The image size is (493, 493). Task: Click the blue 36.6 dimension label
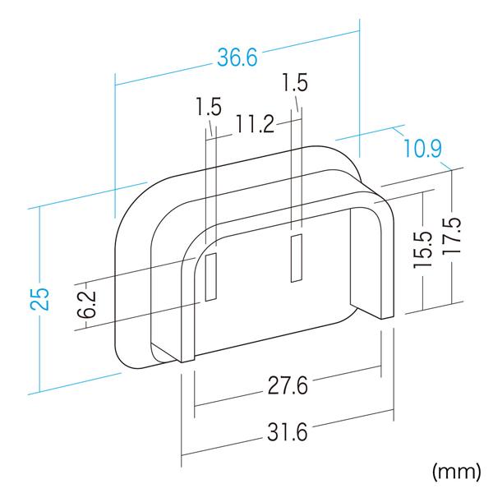pos(237,58)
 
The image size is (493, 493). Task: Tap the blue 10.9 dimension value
pos(422,148)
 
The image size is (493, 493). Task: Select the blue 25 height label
pos(40,299)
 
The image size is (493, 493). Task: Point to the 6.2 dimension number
pos(86,304)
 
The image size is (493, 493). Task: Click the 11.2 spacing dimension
pos(255,124)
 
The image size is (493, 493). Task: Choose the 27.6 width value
pos(288,385)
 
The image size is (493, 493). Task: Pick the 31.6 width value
pos(288,431)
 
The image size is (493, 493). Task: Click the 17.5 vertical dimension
pos(452,236)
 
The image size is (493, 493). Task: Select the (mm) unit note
pos(456,472)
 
